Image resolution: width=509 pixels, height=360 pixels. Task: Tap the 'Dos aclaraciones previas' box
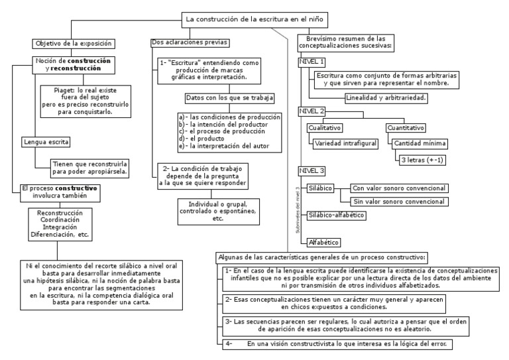point(190,43)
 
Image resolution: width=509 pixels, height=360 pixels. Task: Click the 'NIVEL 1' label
point(312,62)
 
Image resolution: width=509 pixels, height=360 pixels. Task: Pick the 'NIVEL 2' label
point(312,111)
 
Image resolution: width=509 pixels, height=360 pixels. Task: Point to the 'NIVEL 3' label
point(312,170)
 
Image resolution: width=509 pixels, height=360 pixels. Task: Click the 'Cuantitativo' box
point(405,128)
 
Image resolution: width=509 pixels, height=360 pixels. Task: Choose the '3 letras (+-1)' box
point(421,159)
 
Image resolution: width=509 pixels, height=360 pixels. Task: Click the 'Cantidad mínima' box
point(420,143)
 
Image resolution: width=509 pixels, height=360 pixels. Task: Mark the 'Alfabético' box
point(325,243)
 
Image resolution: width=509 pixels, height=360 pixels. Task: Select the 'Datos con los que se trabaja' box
point(229,98)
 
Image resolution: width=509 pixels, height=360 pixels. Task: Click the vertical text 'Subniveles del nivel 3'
point(298,210)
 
